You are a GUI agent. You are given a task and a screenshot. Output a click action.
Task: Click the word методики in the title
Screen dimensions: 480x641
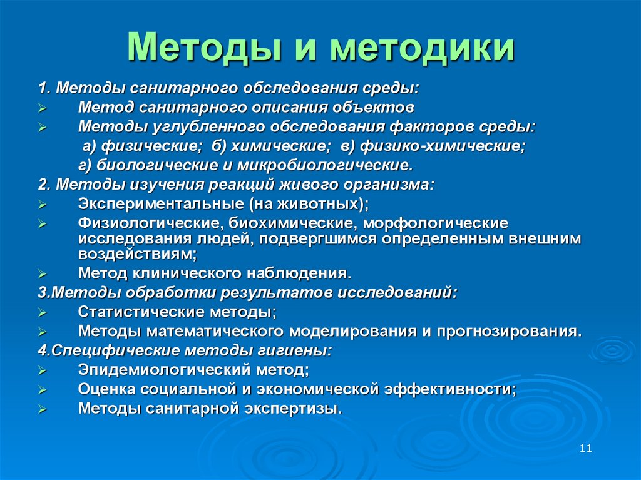(423, 49)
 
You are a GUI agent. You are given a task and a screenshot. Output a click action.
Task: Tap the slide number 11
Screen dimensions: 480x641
(586, 448)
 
